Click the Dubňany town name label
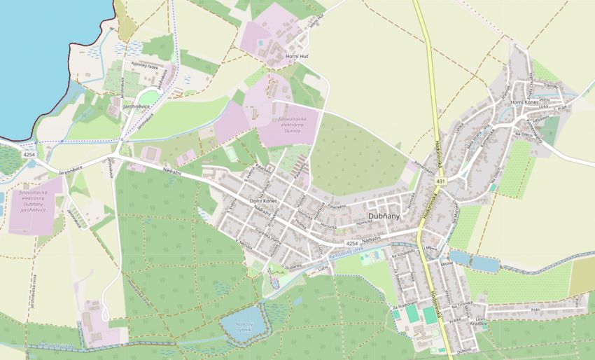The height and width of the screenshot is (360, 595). (384, 216)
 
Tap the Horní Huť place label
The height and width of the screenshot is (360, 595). (297, 56)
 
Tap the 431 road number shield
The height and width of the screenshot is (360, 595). (440, 181)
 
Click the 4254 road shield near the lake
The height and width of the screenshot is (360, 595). (28, 153)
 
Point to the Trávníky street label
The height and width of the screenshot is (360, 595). (550, 85)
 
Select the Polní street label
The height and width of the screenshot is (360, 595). (535, 309)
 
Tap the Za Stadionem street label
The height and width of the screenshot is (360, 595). (405, 305)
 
